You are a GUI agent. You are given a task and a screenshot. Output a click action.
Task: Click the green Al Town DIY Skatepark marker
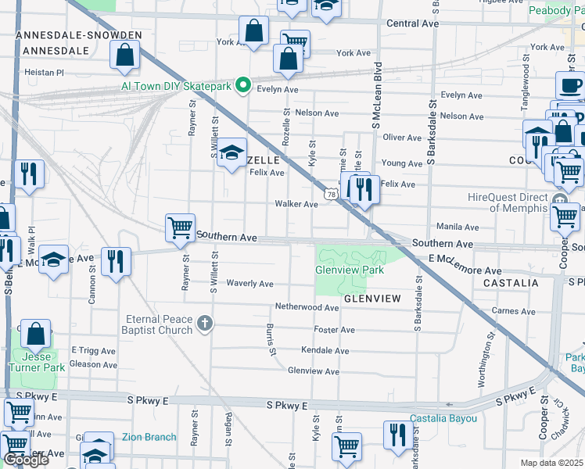(243, 86)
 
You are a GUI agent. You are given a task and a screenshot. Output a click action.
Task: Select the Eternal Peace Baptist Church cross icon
(204, 324)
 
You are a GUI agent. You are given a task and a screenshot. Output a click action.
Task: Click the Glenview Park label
(350, 270)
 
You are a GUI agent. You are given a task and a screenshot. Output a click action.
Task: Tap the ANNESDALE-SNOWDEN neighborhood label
(79, 36)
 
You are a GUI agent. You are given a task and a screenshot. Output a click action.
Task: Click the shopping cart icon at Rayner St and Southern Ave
(180, 228)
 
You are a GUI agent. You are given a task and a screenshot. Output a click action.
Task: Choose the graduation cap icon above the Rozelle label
(231, 152)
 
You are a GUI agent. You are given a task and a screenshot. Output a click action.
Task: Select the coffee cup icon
(569, 85)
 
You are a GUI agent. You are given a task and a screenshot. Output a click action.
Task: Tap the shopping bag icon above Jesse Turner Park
(36, 334)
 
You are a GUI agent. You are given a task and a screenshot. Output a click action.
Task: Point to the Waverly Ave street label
(249, 284)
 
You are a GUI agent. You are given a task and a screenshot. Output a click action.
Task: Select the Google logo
(26, 460)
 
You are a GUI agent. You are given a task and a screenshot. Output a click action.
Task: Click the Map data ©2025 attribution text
(552, 464)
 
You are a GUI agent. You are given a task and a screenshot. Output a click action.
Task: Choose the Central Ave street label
(412, 24)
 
